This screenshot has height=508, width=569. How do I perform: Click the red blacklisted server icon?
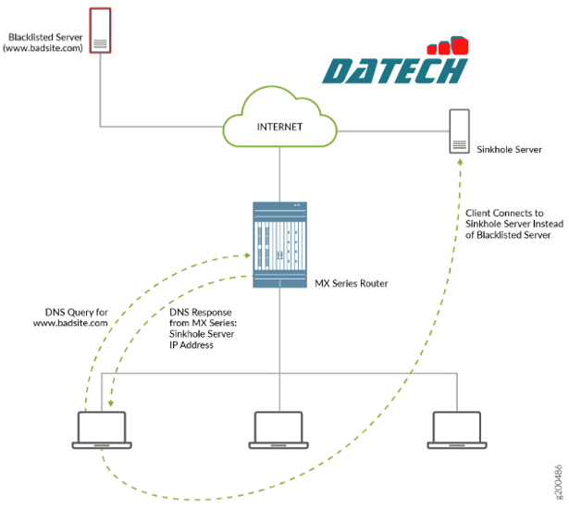point(100,31)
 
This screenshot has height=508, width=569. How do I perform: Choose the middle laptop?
point(278,430)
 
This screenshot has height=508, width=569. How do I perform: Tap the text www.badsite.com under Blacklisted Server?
point(43,47)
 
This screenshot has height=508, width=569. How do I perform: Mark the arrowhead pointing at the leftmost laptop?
point(110,403)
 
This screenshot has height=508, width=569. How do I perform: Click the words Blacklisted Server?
point(43,36)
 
